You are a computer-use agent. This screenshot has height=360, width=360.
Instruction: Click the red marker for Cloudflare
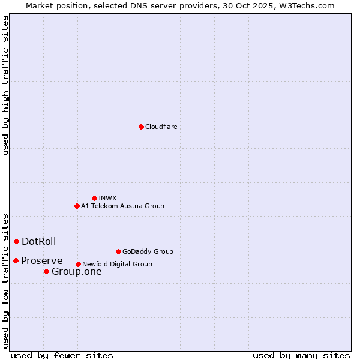[x=141, y=127]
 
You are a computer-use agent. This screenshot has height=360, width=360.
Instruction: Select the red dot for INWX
[x=94, y=198]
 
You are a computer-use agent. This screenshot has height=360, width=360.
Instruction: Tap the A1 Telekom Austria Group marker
[x=77, y=206]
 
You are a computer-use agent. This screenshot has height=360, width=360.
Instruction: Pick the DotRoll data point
[x=16, y=241]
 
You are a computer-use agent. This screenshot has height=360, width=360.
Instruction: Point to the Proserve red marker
[x=16, y=260]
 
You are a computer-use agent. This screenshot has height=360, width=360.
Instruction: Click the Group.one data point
[x=46, y=272]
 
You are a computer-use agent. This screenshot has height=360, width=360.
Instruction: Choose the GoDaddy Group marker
[x=118, y=251]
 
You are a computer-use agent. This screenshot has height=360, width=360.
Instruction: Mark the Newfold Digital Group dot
[x=78, y=264]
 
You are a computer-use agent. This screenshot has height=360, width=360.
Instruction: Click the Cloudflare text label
[x=161, y=127]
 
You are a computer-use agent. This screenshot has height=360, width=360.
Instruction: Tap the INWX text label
[x=107, y=198]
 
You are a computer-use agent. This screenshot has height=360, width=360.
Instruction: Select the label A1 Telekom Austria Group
[x=122, y=206]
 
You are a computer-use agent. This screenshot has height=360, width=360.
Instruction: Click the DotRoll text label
[x=39, y=241]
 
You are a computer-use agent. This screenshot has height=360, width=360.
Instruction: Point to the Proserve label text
[x=42, y=260]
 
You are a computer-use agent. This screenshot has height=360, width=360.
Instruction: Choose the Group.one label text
[x=77, y=272]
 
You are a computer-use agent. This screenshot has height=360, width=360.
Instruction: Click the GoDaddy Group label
[x=148, y=251]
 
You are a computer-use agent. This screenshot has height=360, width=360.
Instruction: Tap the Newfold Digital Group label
[x=117, y=264]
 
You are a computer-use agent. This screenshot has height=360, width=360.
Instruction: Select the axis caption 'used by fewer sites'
[x=62, y=355]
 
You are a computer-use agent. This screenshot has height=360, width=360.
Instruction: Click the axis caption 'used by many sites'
[x=301, y=355]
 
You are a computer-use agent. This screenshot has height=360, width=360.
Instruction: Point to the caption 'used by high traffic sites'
[x=5, y=85]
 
